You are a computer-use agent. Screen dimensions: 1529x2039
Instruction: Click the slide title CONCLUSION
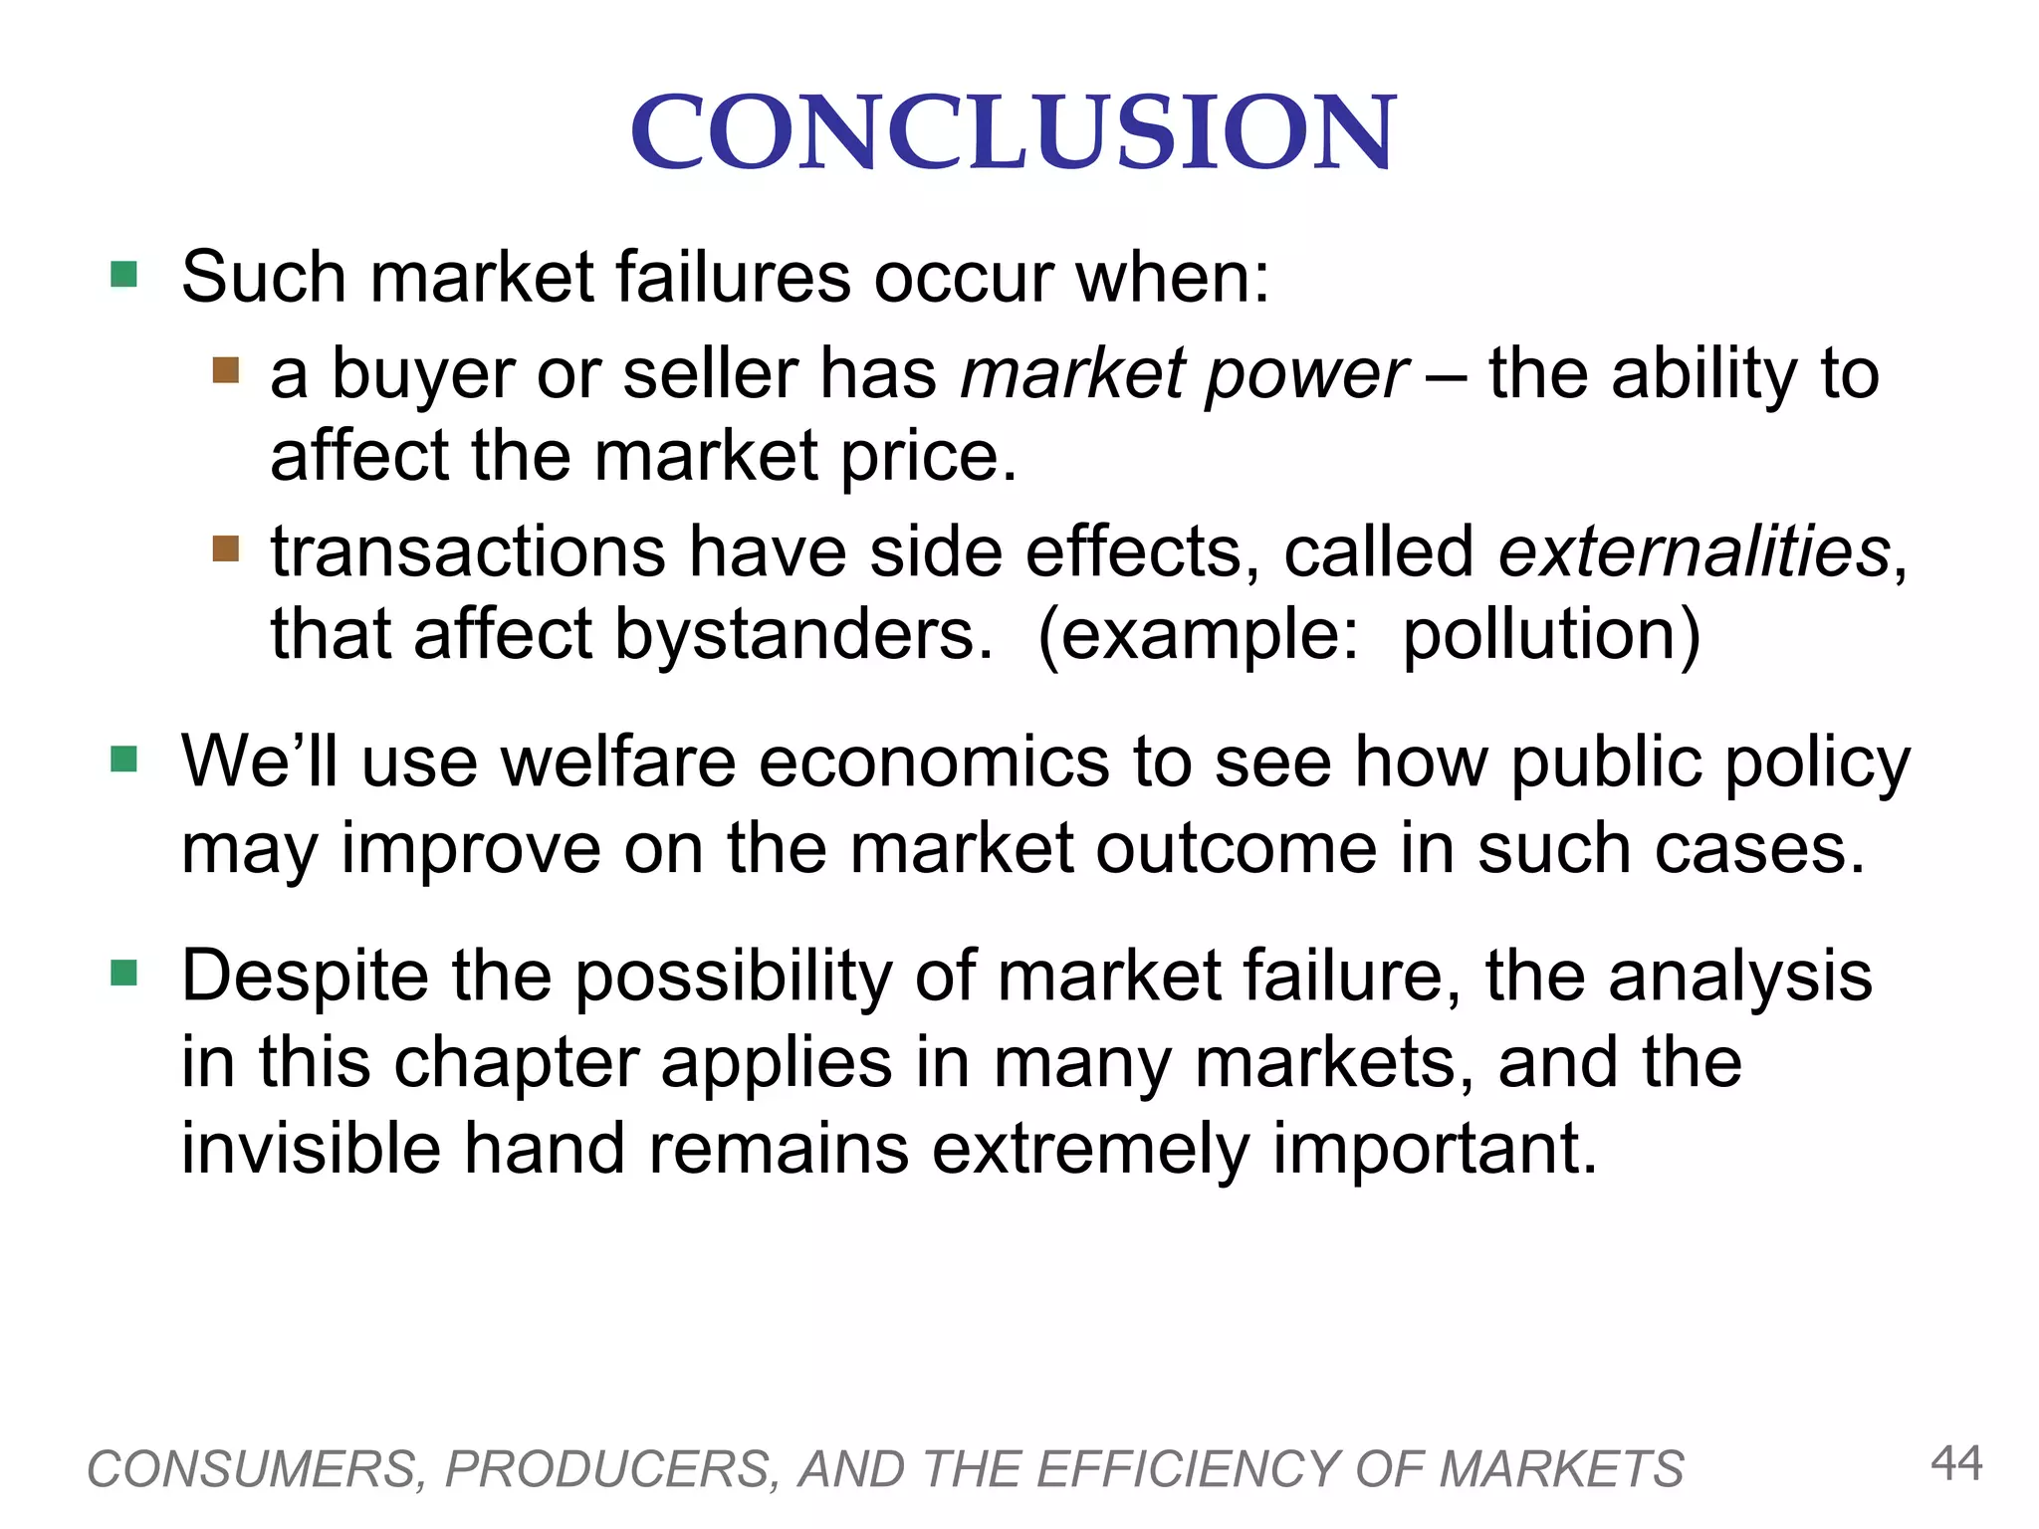[x=1014, y=132]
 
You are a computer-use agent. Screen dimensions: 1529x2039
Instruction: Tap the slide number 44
[x=1956, y=1463]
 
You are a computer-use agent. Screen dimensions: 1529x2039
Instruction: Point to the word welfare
[x=617, y=763]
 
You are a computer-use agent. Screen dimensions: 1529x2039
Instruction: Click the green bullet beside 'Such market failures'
[x=124, y=274]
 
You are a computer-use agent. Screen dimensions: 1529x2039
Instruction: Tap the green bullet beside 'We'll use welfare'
[x=124, y=760]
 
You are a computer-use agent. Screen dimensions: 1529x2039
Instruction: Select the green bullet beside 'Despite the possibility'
[x=124, y=973]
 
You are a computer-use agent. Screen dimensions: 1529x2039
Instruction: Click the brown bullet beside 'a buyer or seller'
[x=226, y=371]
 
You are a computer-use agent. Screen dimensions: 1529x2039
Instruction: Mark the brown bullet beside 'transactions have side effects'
[x=226, y=548]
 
